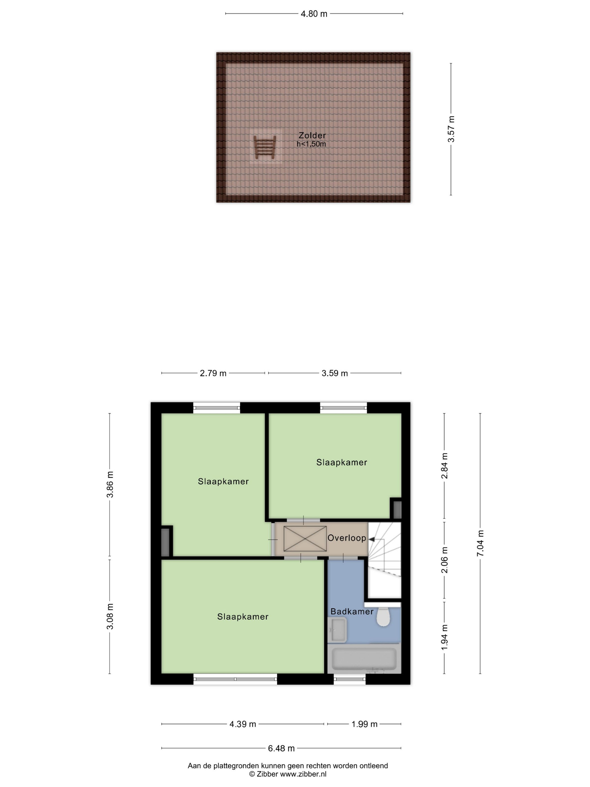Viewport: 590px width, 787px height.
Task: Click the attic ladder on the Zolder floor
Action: (264, 147)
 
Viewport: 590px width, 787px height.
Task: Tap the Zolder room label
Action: (312, 135)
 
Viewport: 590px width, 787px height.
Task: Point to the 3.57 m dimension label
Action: (451, 129)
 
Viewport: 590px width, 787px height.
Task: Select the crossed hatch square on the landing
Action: (305, 538)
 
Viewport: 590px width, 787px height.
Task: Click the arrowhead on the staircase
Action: (371, 539)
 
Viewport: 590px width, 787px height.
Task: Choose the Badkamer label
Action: (352, 611)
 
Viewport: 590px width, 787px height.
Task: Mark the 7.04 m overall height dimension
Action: (480, 543)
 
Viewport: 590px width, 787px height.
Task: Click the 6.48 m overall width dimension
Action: (281, 748)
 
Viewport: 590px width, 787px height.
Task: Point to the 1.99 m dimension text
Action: (364, 724)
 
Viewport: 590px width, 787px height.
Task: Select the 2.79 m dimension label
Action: (213, 373)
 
